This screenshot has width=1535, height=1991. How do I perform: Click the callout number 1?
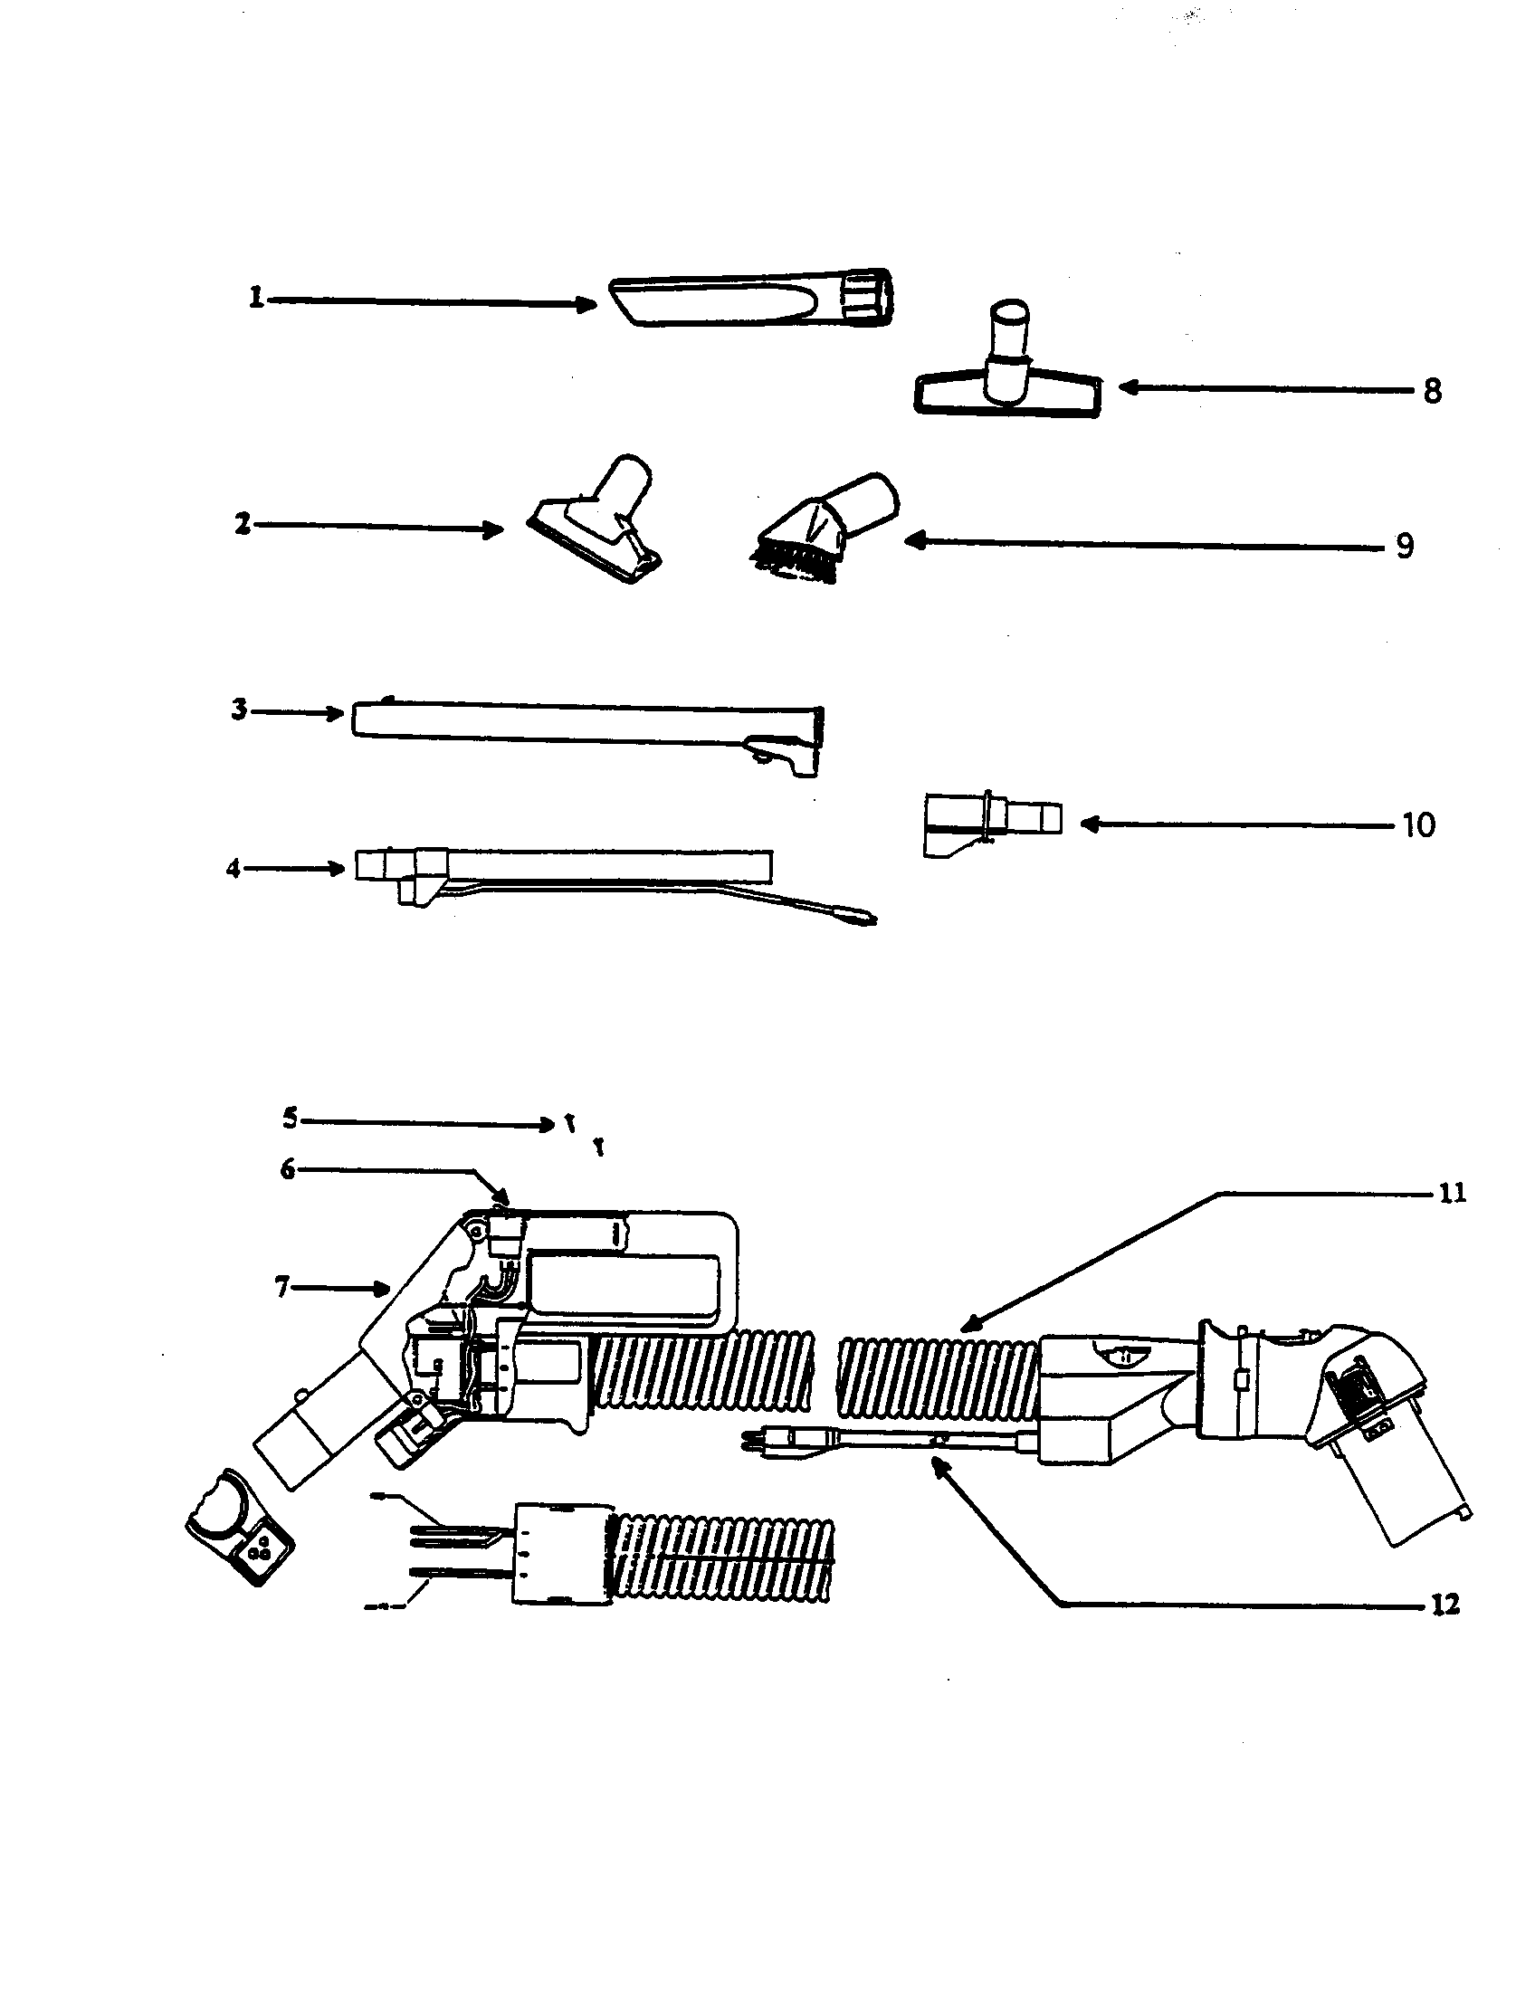[x=256, y=298]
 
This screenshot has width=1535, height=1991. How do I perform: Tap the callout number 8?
[x=1432, y=392]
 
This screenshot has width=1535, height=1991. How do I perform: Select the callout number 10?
[x=1418, y=825]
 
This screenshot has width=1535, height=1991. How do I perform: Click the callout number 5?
[x=290, y=1118]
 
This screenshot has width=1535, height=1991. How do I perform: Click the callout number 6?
[x=288, y=1169]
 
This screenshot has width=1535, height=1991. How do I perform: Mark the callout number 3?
[x=239, y=710]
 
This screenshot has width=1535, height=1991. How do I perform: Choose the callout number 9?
[x=1405, y=546]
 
